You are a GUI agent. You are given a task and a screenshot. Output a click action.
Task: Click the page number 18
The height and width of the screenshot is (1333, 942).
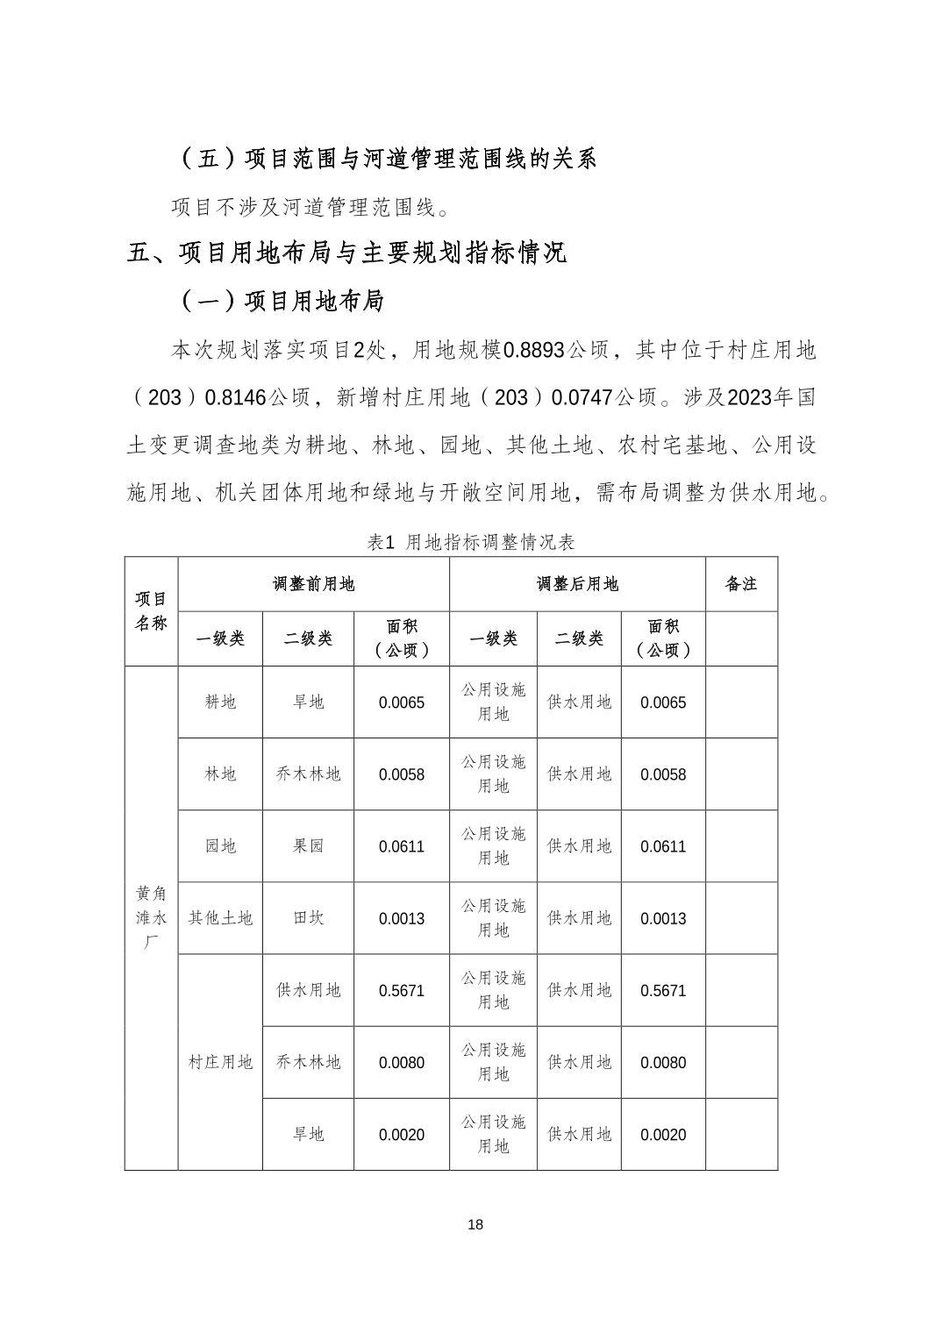pos(475,1224)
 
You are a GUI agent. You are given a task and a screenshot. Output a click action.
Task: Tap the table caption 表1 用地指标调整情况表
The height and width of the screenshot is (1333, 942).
pos(471,543)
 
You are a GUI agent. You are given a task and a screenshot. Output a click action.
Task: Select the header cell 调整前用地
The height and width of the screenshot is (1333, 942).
pos(313,584)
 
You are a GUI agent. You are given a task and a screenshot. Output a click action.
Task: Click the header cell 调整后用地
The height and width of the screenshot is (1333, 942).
pos(577,584)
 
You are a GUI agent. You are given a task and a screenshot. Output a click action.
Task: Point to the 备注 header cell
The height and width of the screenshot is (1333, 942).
pos(741,584)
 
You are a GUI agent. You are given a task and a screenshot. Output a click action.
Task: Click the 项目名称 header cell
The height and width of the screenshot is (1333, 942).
pos(151,611)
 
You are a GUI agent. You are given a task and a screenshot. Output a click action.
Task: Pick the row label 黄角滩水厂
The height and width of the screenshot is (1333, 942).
pos(151,917)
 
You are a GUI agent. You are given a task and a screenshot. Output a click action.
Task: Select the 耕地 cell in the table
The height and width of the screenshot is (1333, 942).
pos(220,702)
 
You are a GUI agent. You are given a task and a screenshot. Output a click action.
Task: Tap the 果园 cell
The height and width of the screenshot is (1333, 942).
pos(308,846)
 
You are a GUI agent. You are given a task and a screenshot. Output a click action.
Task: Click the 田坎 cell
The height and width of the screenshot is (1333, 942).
pos(308,918)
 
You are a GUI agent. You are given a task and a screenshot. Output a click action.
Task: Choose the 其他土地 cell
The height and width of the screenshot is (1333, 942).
pos(220,918)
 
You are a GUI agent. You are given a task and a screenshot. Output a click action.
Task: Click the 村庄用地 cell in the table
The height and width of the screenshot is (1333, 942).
pos(220,1062)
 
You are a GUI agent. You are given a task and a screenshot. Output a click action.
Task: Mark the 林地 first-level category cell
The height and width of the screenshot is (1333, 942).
pos(220,773)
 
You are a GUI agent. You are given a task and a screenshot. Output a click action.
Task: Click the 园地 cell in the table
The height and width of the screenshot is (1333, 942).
pos(220,846)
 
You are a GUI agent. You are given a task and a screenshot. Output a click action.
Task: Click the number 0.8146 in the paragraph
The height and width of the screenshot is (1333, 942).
pos(235,398)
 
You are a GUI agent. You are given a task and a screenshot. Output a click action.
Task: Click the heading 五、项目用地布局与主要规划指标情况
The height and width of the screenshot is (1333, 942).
pos(346,253)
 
